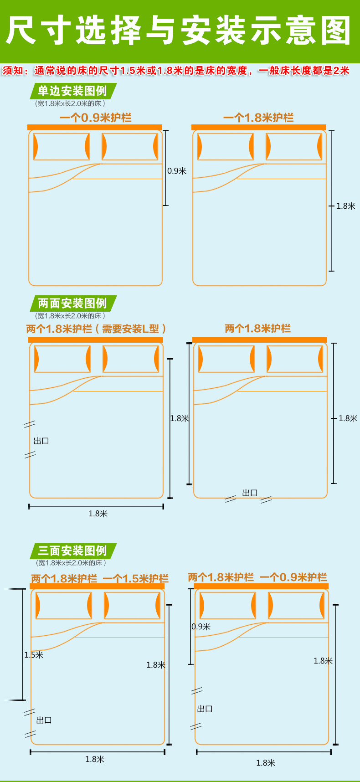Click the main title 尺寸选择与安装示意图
[179, 31]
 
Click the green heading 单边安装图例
[72, 91]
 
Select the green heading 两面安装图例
[72, 304]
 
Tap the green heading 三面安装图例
[72, 551]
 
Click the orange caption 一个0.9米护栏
[95, 118]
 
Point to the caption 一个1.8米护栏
[258, 118]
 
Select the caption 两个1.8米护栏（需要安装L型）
[96, 329]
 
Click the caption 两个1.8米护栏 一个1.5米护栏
[99, 579]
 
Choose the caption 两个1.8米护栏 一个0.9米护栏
[257, 577]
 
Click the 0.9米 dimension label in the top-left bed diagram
[177, 171]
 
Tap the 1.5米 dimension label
[34, 655]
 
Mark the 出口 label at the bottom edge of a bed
[250, 493]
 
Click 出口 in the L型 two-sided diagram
[41, 441]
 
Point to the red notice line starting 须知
[176, 71]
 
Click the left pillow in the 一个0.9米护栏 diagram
[61, 147]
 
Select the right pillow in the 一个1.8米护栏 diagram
[294, 147]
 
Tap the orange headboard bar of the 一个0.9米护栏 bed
[95, 127]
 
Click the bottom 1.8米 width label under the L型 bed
[98, 514]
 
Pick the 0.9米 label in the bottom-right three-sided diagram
[201, 627]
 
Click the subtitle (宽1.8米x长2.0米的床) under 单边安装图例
[70, 104]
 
